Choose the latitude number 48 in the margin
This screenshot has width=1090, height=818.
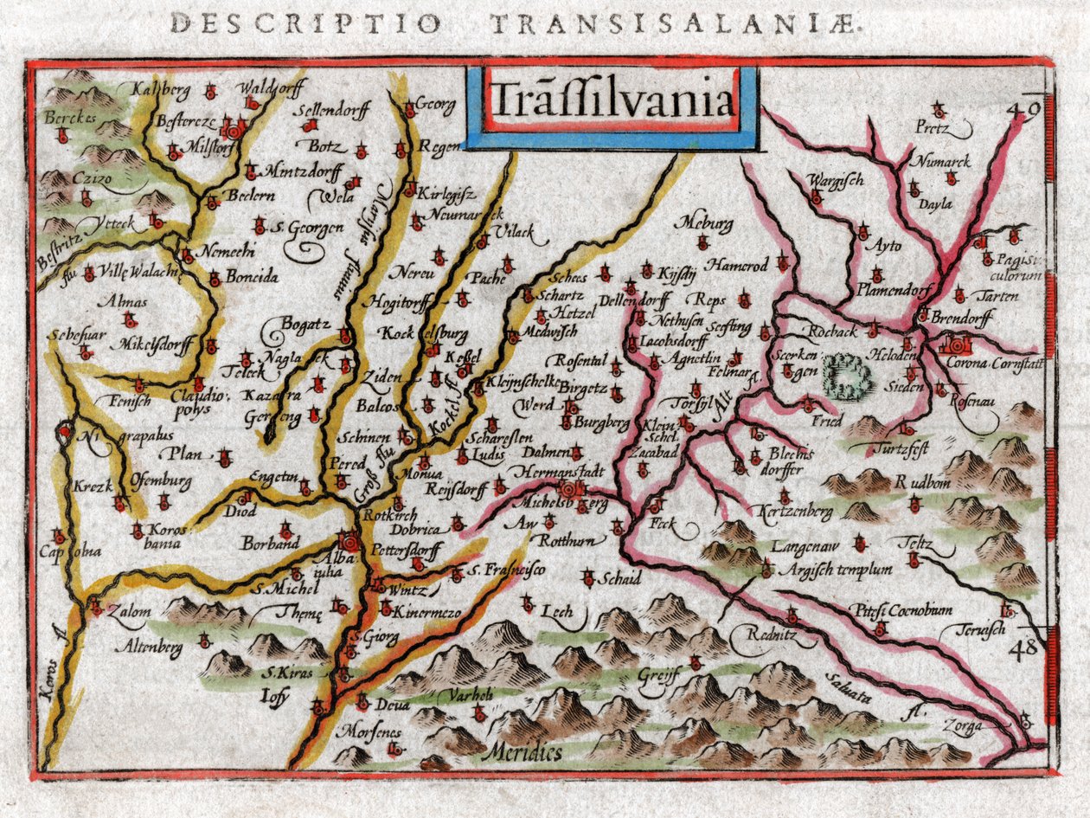click(1027, 647)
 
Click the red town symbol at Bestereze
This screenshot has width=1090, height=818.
click(232, 130)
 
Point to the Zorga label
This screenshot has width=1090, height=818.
click(965, 726)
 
